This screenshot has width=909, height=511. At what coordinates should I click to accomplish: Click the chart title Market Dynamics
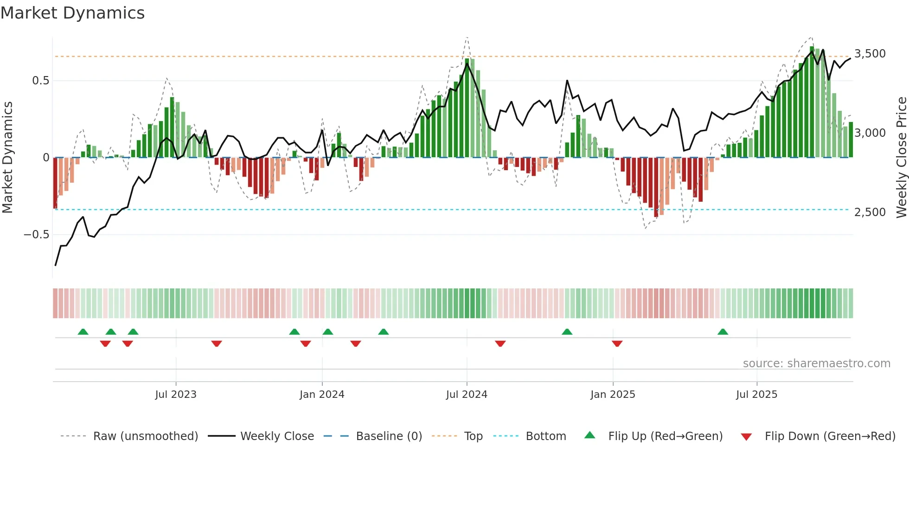pyautogui.click(x=73, y=13)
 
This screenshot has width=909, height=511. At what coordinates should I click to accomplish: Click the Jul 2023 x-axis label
pyautogui.click(x=176, y=394)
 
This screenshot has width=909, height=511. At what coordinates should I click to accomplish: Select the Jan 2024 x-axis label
pyautogui.click(x=322, y=394)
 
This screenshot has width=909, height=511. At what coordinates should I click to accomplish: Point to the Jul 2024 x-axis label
pyautogui.click(x=467, y=394)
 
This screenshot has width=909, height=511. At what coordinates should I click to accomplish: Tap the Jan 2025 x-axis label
pyautogui.click(x=613, y=394)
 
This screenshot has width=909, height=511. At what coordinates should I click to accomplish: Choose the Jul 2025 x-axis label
pyautogui.click(x=756, y=394)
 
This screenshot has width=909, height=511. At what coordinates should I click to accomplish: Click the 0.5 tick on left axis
pyautogui.click(x=40, y=81)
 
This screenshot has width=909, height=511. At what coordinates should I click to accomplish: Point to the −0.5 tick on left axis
pyautogui.click(x=37, y=235)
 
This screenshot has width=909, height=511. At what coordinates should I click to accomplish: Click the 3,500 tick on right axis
pyautogui.click(x=870, y=54)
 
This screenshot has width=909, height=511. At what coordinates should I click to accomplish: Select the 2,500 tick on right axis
pyautogui.click(x=870, y=212)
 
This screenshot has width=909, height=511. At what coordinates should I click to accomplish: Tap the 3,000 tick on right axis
pyautogui.click(x=870, y=133)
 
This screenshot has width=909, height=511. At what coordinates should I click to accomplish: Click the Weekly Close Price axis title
pyautogui.click(x=901, y=158)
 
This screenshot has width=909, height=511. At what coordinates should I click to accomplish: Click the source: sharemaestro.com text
pyautogui.click(x=816, y=364)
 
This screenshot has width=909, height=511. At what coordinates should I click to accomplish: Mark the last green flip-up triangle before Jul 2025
pyautogui.click(x=723, y=332)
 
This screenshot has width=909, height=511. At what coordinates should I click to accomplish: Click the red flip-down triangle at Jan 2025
pyautogui.click(x=617, y=344)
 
